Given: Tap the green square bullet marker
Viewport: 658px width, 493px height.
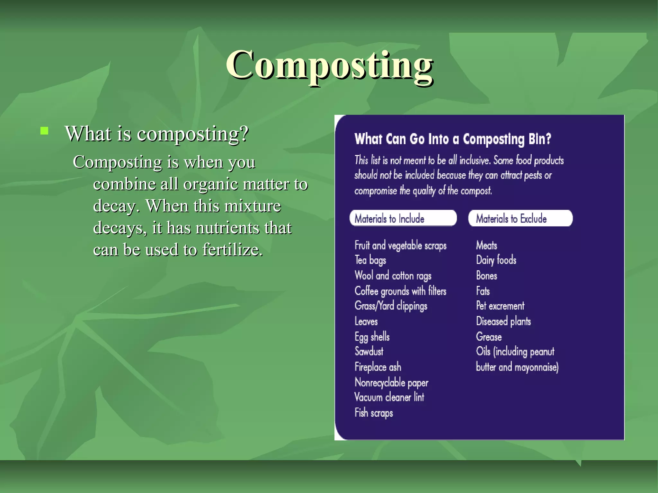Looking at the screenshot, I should click(44, 131).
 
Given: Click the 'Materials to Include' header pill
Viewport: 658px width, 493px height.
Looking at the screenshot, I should click(403, 219).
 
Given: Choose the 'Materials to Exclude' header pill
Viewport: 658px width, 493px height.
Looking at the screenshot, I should click(520, 219).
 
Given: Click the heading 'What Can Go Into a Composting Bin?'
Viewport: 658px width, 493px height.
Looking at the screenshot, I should click(453, 139).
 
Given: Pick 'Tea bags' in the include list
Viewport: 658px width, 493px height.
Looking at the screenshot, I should click(370, 260).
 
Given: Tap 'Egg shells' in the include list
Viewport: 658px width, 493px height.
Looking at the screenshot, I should click(372, 337).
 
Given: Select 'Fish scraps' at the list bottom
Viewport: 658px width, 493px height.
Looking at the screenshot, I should click(374, 413).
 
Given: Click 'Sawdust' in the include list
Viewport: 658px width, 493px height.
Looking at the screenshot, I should click(369, 351).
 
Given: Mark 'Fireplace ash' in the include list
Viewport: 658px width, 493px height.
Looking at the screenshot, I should click(378, 367).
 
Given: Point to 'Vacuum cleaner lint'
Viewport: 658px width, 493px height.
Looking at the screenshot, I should click(389, 397).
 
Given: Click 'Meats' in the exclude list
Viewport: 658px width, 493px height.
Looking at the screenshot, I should click(486, 246).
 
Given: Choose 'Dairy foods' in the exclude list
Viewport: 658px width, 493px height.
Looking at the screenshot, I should click(496, 260).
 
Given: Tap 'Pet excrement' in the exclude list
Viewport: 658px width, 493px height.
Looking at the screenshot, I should click(500, 306).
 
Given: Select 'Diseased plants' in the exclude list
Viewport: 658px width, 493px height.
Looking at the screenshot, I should click(503, 321).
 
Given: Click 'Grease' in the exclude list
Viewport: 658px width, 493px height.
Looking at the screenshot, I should click(489, 337).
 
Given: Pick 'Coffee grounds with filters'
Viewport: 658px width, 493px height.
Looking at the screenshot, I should click(400, 291).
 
